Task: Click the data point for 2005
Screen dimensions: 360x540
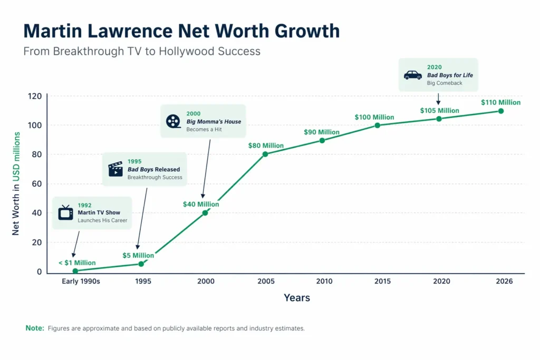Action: [265, 154]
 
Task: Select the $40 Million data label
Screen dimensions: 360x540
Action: [201, 204]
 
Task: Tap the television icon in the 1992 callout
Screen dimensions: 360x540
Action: [66, 212]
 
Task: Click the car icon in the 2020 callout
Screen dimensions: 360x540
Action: [412, 75]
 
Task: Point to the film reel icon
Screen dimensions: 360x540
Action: [173, 121]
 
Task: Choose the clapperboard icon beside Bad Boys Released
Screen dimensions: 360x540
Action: [115, 169]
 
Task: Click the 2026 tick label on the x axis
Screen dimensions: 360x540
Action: [501, 281]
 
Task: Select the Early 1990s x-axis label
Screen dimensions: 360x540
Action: [81, 281]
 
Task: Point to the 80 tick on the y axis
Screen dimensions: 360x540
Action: [37, 154]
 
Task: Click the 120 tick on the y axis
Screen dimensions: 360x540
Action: [35, 96]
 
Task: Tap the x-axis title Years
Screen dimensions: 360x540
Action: [297, 298]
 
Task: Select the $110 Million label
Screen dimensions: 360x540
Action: [500, 102]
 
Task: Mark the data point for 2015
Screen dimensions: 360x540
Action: [378, 125]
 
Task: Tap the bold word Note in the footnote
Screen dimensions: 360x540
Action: [35, 328]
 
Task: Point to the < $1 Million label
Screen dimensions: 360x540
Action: [76, 262]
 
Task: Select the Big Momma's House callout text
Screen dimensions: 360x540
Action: [214, 121]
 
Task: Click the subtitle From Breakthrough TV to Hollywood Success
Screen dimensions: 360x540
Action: [142, 52]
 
